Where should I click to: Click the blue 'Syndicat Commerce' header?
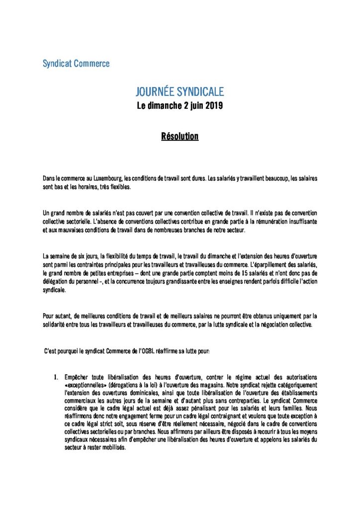pyautogui.click(x=76, y=64)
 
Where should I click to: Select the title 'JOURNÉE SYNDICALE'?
pyautogui.click(x=180, y=91)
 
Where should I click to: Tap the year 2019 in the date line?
pyautogui.click(x=212, y=105)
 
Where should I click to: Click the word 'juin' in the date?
pyautogui.click(x=192, y=106)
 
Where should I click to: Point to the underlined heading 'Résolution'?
pyautogui.click(x=180, y=136)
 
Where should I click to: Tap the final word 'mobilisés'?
pyautogui.click(x=112, y=446)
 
